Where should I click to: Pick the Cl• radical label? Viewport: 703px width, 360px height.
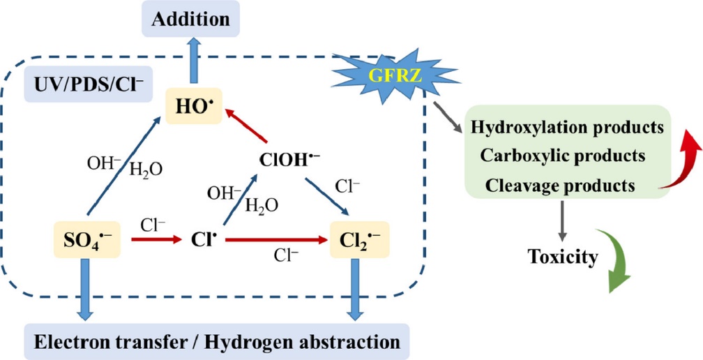(x=202, y=241)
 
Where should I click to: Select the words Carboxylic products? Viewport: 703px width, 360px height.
(x=561, y=156)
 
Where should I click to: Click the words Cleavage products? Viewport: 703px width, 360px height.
(x=560, y=186)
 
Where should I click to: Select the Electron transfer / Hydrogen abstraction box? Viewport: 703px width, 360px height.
(x=216, y=342)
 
